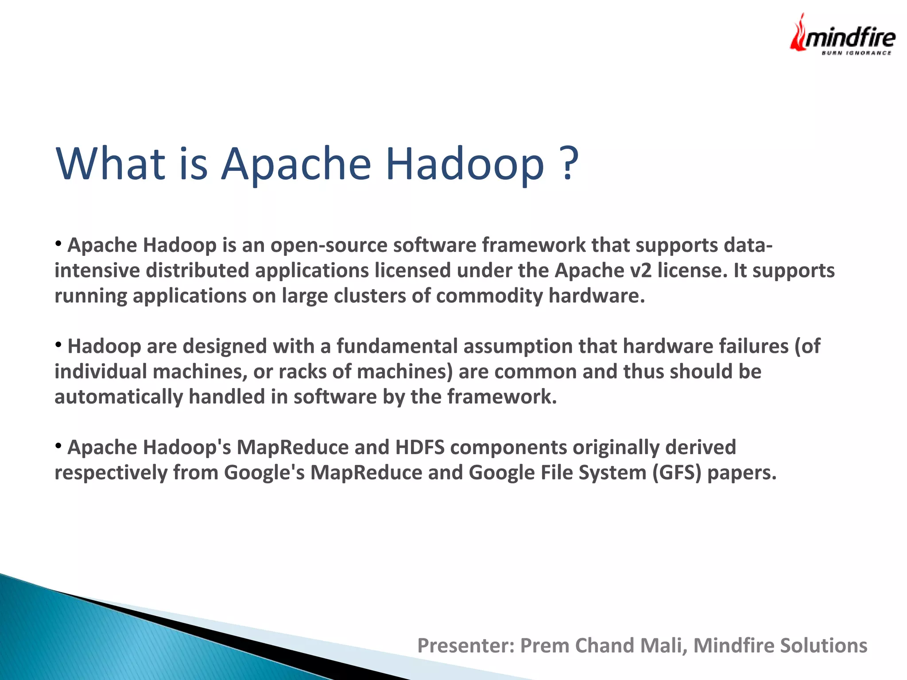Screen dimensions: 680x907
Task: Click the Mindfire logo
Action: [x=842, y=35]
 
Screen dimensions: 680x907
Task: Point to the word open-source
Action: [x=329, y=245]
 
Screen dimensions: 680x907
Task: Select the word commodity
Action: [x=489, y=296]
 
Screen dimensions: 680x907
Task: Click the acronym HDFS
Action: [x=420, y=448]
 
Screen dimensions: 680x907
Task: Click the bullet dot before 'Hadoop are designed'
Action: [x=58, y=344]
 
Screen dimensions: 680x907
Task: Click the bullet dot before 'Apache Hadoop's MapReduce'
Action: [x=58, y=445]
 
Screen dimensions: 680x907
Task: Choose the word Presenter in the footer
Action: [x=465, y=645]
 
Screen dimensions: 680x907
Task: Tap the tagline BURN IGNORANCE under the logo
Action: [x=857, y=53]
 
